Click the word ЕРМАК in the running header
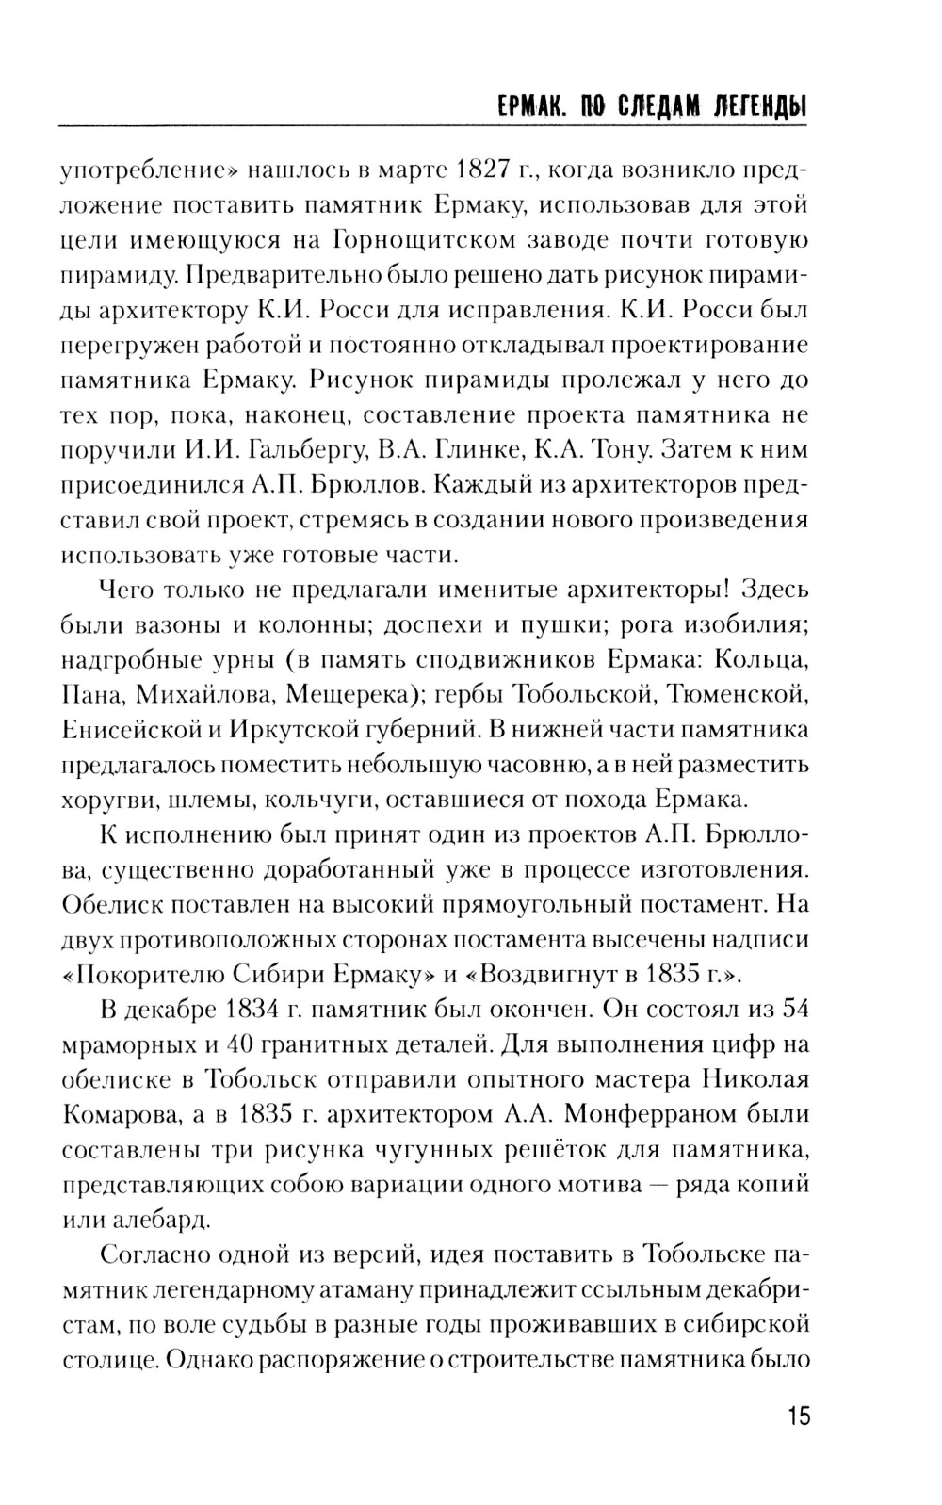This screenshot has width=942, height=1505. coord(528,105)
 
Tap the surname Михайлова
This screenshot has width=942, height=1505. coord(205,694)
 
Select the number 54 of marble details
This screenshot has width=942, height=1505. coord(795,1009)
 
